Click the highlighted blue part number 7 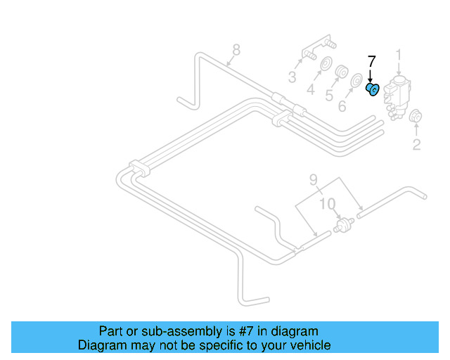coord(373,89)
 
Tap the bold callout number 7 coord(372,61)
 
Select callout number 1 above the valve coord(399,55)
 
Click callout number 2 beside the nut coord(416,145)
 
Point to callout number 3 coord(292,77)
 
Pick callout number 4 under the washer coord(310,89)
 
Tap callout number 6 coord(342,106)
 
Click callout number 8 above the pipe coord(236,49)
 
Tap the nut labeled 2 coord(416,117)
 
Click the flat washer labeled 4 coord(326,68)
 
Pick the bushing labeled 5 coord(342,73)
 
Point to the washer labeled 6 coord(357,81)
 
